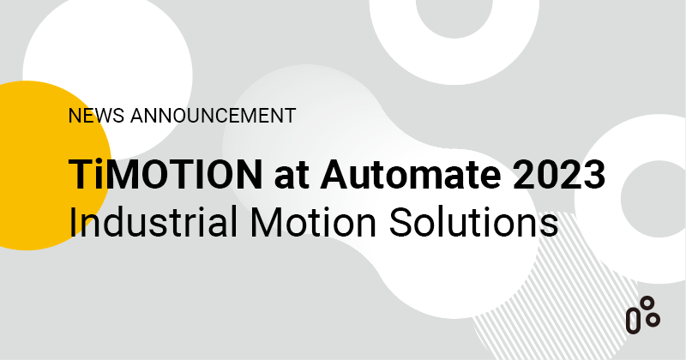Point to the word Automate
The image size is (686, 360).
click(x=406, y=175)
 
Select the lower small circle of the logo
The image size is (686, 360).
click(x=653, y=319)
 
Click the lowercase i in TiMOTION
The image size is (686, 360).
click(x=98, y=175)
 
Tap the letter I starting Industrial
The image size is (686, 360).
click(x=74, y=221)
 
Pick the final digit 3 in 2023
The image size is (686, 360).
click(x=593, y=175)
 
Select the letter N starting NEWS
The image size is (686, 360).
click(x=74, y=115)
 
